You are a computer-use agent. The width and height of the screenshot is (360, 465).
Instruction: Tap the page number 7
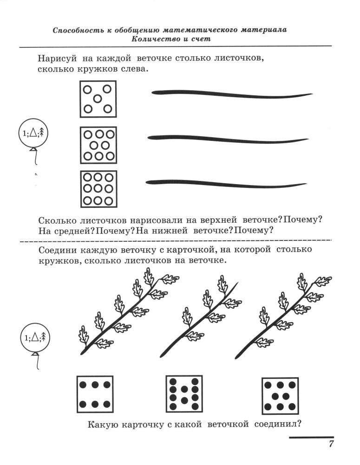331,444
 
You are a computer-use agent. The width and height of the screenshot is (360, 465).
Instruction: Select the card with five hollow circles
98,99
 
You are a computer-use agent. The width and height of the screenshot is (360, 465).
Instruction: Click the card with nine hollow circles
98,188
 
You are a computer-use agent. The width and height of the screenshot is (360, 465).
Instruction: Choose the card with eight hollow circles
98,145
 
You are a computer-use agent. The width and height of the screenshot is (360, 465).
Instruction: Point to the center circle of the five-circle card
98,99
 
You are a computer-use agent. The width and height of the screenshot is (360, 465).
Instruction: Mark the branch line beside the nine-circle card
227,182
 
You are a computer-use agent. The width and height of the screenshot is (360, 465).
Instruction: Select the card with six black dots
95,394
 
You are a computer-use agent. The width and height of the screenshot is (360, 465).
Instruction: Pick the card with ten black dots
184,393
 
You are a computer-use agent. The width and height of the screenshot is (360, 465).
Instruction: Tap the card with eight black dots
280,396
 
